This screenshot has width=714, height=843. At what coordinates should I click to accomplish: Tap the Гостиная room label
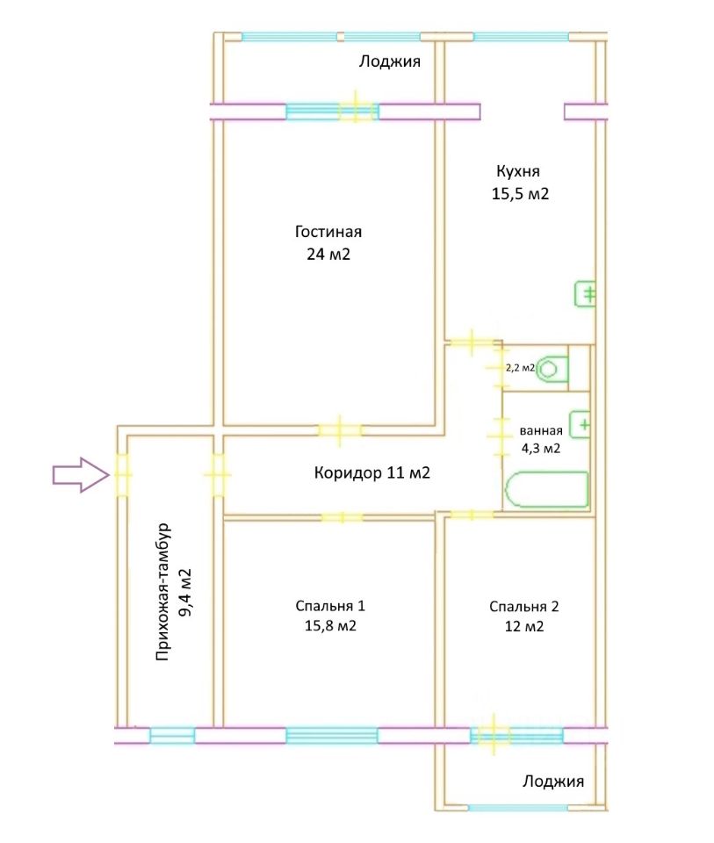click(328, 233)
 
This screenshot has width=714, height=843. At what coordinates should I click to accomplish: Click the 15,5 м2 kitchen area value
click(520, 194)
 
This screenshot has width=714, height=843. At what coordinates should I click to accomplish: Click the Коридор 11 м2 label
click(371, 473)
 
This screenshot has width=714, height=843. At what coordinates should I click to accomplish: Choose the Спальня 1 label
click(330, 606)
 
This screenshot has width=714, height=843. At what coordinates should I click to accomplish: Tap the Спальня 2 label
click(523, 606)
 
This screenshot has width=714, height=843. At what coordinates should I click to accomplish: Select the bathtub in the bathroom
click(545, 490)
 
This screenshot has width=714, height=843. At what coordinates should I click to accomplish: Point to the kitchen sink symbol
click(587, 294)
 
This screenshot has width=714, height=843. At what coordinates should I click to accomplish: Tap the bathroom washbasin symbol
click(581, 426)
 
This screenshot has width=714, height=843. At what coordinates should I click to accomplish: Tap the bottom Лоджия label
click(552, 781)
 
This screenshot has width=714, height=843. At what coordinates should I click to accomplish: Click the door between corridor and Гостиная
click(340, 430)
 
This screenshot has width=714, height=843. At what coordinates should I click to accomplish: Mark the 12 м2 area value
click(524, 626)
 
